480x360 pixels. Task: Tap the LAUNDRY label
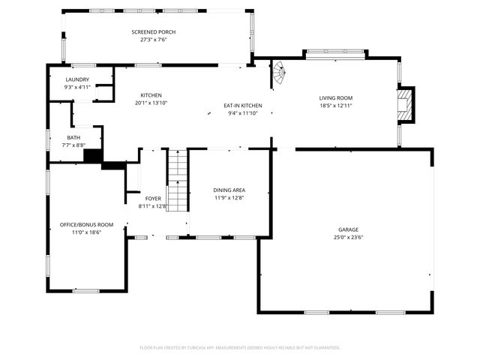77,79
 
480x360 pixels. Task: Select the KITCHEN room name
151,95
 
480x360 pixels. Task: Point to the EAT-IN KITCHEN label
243,106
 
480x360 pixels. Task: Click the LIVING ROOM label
335,98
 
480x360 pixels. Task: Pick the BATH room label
73,137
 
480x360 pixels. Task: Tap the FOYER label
153,199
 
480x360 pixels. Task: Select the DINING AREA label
229,190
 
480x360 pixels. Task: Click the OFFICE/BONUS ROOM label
86,225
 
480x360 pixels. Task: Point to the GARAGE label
348,229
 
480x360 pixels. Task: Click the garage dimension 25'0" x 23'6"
348,238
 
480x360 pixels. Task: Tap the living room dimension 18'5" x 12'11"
335,106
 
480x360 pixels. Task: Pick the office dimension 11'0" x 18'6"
86,232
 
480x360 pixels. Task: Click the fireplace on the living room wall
406,103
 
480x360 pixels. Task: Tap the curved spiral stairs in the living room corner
279,73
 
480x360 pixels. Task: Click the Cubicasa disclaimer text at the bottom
240,348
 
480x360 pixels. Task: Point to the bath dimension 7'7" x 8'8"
73,145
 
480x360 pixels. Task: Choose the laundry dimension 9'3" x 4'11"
77,87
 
